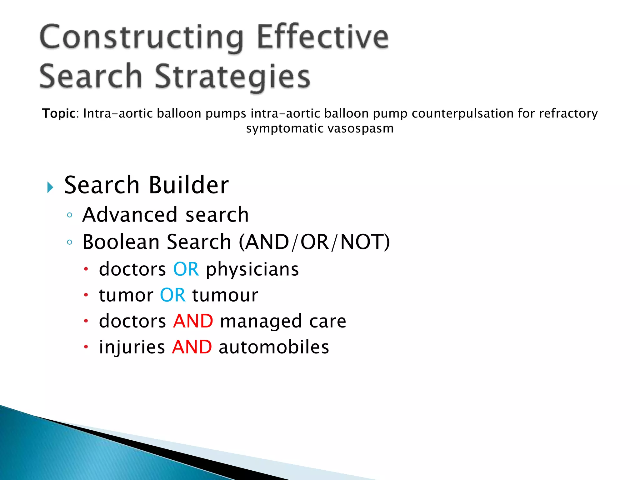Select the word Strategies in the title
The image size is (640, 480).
pyautogui.click(x=232, y=77)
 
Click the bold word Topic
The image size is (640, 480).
pyautogui.click(x=59, y=113)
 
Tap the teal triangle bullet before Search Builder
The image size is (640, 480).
pyautogui.click(x=50, y=187)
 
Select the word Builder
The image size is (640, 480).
pyautogui.click(x=189, y=185)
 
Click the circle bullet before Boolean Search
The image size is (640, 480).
pyautogui.click(x=70, y=242)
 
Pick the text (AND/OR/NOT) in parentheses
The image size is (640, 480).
pyautogui.click(x=314, y=242)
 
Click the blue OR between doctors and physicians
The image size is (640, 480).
pyautogui.click(x=186, y=269)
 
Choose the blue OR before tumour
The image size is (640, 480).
pyautogui.click(x=172, y=295)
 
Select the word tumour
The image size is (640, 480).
pyautogui.click(x=225, y=295)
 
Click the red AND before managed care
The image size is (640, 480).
pyautogui.click(x=193, y=321)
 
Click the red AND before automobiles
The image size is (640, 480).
pyautogui.click(x=192, y=347)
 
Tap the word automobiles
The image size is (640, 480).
pyautogui.click(x=274, y=347)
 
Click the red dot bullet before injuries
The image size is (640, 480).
pyautogui.click(x=86, y=347)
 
